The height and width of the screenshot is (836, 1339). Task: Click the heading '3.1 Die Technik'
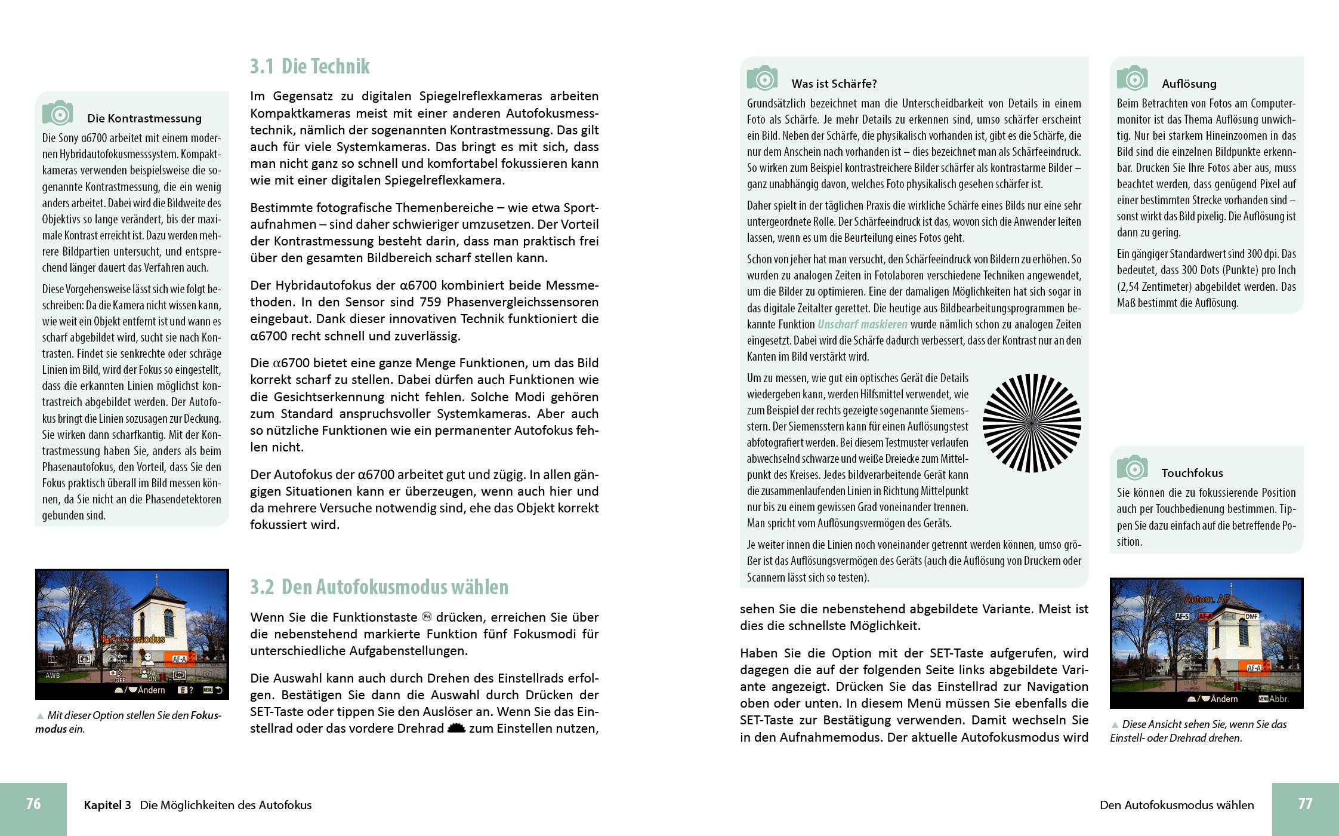pos(310,66)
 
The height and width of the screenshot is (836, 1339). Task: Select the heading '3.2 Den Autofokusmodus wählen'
pos(379,587)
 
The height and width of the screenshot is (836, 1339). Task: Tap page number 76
pos(33,804)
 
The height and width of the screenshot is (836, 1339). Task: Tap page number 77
pos(1305,804)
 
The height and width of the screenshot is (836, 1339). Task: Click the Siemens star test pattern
pos(1032,423)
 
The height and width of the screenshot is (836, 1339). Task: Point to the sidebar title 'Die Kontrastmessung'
pos(144,118)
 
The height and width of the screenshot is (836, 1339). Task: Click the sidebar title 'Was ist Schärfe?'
pos(834,84)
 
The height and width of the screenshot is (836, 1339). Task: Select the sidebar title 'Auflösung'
pos(1189,84)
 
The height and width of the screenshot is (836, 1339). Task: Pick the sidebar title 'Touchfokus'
pos(1192,473)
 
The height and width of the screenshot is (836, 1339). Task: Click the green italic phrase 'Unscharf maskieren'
pos(862,324)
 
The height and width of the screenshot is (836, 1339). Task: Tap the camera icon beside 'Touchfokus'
pos(1132,468)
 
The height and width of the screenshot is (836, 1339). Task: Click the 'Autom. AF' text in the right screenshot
pos(1207,599)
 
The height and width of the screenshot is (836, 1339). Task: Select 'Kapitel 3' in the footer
pos(107,805)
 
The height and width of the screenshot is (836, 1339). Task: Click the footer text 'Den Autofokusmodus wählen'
pos(1177,805)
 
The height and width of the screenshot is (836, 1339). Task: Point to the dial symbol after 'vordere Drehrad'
pos(456,729)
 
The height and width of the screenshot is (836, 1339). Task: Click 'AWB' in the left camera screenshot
pos(53,676)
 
